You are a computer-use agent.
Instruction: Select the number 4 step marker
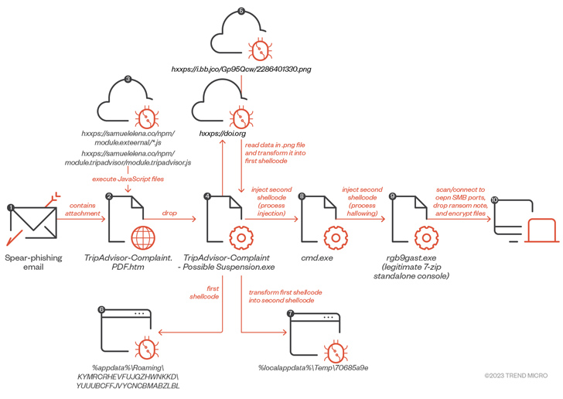pos(207,196)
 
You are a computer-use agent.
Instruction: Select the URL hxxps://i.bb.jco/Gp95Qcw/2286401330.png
pos(241,70)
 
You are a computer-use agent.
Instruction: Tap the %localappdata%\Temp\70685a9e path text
pos(313,367)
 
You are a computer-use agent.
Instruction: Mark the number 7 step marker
pos(290,314)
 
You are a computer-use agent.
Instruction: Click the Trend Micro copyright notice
pos(517,377)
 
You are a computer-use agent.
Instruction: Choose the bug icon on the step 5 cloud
pos(262,49)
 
